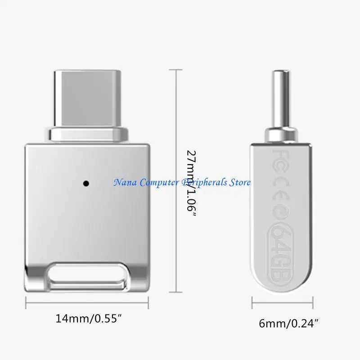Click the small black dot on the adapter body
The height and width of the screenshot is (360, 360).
coord(85,183)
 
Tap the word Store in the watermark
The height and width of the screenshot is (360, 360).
coord(239,182)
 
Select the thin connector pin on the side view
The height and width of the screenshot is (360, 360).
coord(281,99)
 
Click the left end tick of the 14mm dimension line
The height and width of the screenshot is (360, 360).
coord(26,305)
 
